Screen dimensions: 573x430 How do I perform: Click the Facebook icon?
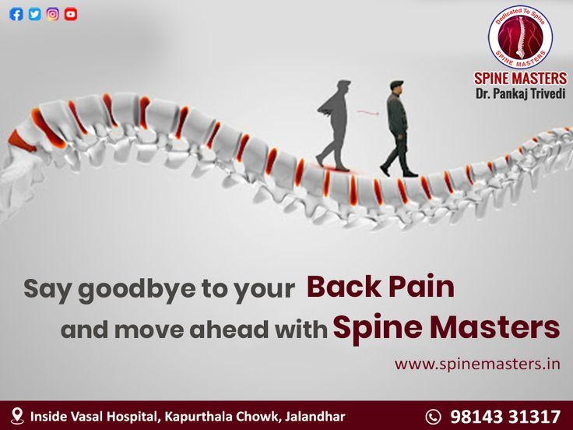click(x=16, y=14)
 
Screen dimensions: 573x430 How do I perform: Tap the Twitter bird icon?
click(x=35, y=14)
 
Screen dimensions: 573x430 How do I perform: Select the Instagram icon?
click(x=53, y=14)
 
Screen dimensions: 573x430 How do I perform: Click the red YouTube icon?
click(x=71, y=14)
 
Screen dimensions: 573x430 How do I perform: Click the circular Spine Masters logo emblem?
click(x=520, y=37)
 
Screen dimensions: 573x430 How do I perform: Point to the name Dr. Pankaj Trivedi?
click(x=520, y=93)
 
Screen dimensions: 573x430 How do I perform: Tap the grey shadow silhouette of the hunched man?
click(x=334, y=125)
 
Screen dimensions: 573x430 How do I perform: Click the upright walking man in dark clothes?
click(x=398, y=129)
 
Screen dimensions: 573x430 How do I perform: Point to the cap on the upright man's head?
click(x=396, y=83)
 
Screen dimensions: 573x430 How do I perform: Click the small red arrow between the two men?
click(x=368, y=112)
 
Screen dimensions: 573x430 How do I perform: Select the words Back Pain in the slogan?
click(x=381, y=287)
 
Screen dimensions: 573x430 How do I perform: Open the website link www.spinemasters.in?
click(x=477, y=365)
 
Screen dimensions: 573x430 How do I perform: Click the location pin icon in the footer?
click(x=17, y=416)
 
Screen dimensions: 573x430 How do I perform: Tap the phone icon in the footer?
click(x=434, y=417)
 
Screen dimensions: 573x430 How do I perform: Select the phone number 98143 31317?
click(x=505, y=417)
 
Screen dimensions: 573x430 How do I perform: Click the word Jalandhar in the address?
click(x=315, y=417)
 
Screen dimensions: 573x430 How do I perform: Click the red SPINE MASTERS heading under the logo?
click(x=520, y=78)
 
